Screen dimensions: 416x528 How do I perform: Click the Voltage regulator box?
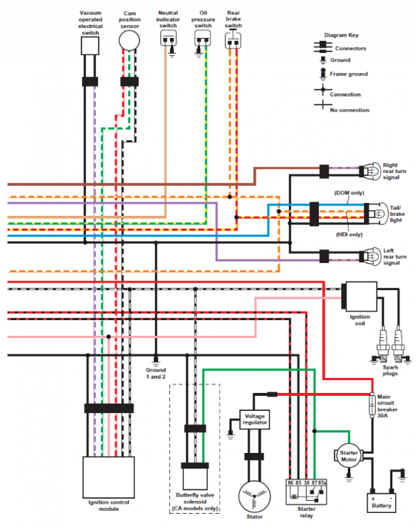254,419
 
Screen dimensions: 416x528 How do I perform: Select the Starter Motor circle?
349,457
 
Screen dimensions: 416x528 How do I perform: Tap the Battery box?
381,503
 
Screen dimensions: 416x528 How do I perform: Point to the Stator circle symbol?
254,497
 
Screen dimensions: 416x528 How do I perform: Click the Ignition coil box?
360,297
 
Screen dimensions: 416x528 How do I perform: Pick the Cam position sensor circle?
129,41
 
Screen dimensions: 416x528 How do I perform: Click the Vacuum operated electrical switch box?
90,46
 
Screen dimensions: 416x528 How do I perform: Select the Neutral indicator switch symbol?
168,38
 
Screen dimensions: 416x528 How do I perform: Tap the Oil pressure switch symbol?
203,38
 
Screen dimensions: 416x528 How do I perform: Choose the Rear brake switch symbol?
233,41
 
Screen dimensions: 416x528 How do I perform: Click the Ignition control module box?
109,477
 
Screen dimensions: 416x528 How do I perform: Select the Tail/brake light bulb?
379,214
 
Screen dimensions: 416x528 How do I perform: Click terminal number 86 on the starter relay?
290,482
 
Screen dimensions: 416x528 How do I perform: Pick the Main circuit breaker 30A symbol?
372,405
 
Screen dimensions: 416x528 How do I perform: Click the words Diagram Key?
341,35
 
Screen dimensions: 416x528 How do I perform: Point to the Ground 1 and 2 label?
156,373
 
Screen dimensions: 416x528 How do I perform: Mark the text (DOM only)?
349,193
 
